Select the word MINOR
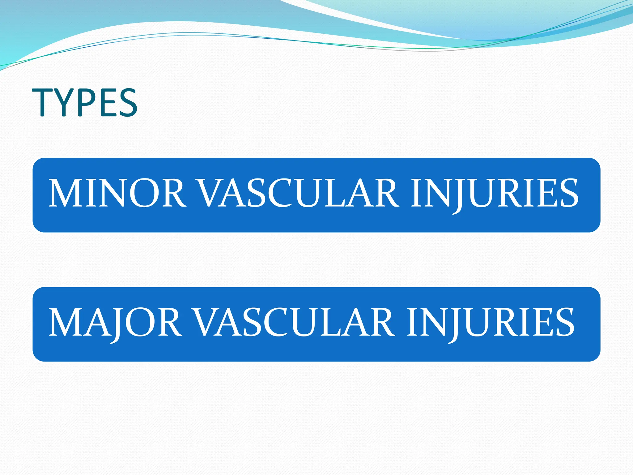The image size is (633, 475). (x=117, y=194)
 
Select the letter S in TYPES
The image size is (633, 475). (x=128, y=102)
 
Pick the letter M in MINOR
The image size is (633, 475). (x=66, y=194)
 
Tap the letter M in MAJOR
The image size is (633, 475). (x=66, y=323)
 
